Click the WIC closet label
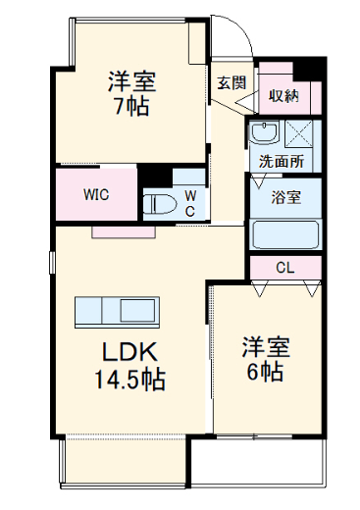(95, 193)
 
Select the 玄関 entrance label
(231, 82)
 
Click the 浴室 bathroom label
(286, 196)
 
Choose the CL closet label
(285, 267)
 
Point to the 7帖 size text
(130, 107)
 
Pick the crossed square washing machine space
(299, 133)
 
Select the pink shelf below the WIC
(123, 232)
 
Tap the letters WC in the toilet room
(190, 203)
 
